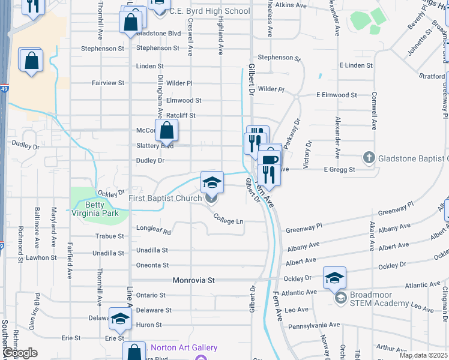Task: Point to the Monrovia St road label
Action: coord(194,280)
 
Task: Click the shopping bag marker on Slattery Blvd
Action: coord(166,130)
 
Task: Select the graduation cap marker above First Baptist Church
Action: coord(212,182)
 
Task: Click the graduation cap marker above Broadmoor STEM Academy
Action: coord(334,277)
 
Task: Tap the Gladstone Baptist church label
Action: coord(413,158)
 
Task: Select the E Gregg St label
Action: coord(340,170)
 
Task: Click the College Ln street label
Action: coord(228,221)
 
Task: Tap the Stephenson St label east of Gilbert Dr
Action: coord(279,58)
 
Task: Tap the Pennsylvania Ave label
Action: coord(314,325)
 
